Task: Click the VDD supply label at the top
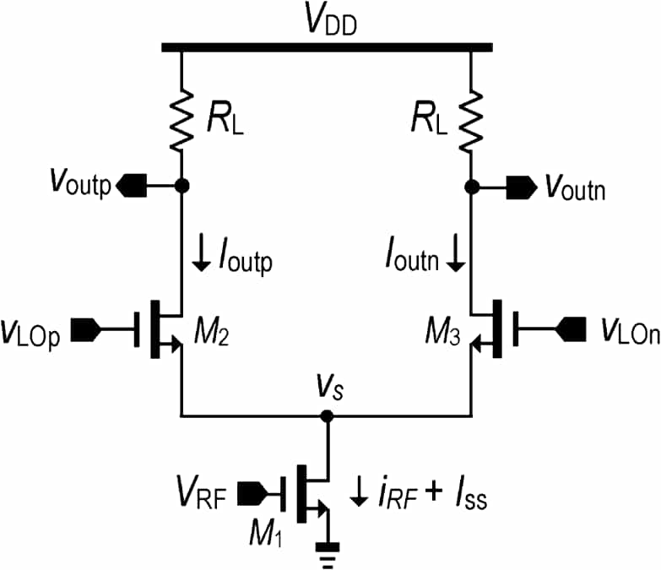330,23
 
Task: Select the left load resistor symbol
181,119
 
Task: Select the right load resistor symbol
471,119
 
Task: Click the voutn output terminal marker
517,186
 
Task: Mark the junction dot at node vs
327,416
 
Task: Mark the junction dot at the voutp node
181,185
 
